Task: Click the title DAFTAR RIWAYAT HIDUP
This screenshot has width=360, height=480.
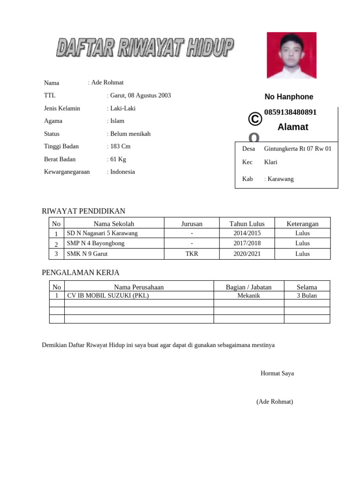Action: coord(145,48)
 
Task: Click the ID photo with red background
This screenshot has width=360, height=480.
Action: coord(292,55)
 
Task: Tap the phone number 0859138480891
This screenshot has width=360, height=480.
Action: coord(290,112)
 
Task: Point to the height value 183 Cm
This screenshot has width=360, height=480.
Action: coord(120,147)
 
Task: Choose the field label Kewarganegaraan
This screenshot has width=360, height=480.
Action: coord(67,172)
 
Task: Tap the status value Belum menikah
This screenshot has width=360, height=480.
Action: coord(130,134)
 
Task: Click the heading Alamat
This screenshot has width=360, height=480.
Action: coord(292,127)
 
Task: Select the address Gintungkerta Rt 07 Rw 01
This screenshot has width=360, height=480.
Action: coord(298,149)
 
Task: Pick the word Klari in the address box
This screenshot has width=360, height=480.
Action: coord(270,162)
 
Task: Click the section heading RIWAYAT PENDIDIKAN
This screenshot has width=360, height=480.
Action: coord(83,211)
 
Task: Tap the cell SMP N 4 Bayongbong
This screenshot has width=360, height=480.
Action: coord(96,244)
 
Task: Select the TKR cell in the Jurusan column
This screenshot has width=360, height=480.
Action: coord(192,254)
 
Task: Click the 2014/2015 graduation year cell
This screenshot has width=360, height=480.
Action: coord(247,233)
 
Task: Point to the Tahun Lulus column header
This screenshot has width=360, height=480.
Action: coord(247,224)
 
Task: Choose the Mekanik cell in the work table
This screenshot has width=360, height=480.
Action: coord(248,296)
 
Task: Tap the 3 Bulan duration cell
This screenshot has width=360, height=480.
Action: coord(307,296)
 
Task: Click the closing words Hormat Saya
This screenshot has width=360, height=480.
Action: coord(277,374)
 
